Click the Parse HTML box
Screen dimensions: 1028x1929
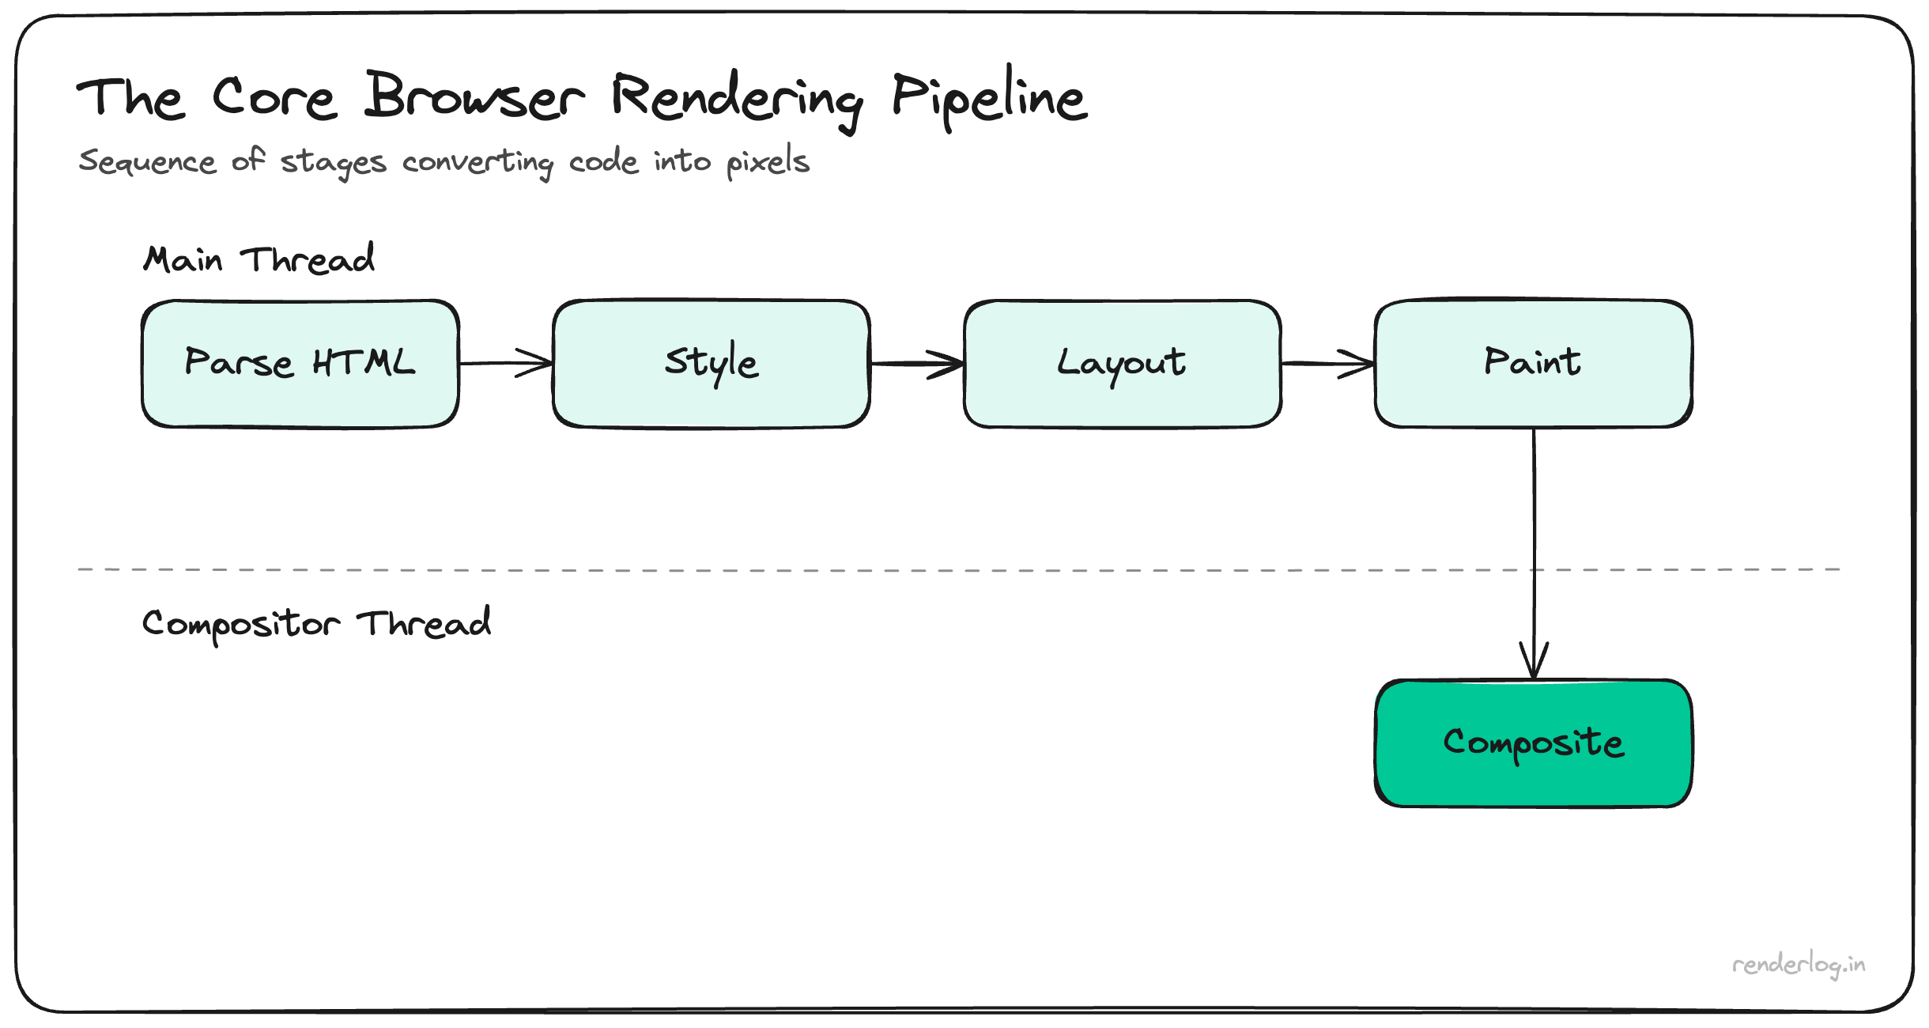click(300, 364)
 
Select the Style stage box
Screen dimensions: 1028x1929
click(712, 364)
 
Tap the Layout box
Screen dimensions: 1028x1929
click(1123, 364)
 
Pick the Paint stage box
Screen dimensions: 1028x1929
click(1534, 364)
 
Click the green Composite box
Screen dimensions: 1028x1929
click(1534, 743)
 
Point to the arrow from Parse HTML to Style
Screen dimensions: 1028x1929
click(506, 363)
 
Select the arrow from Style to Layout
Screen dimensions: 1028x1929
click(917, 364)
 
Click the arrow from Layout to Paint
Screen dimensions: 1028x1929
click(1328, 364)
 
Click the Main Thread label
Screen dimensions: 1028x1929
click(259, 259)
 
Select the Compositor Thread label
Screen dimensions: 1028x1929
click(316, 623)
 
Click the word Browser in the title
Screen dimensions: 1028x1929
click(474, 97)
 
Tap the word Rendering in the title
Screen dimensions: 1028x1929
click(737, 99)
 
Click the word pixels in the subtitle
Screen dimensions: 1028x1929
click(768, 162)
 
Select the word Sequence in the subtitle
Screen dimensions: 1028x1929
click(147, 162)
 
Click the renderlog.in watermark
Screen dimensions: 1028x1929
click(1799, 965)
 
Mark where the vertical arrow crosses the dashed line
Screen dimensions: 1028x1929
click(1535, 569)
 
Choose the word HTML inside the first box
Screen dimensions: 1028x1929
click(364, 363)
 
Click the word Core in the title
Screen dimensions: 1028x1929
click(274, 99)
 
